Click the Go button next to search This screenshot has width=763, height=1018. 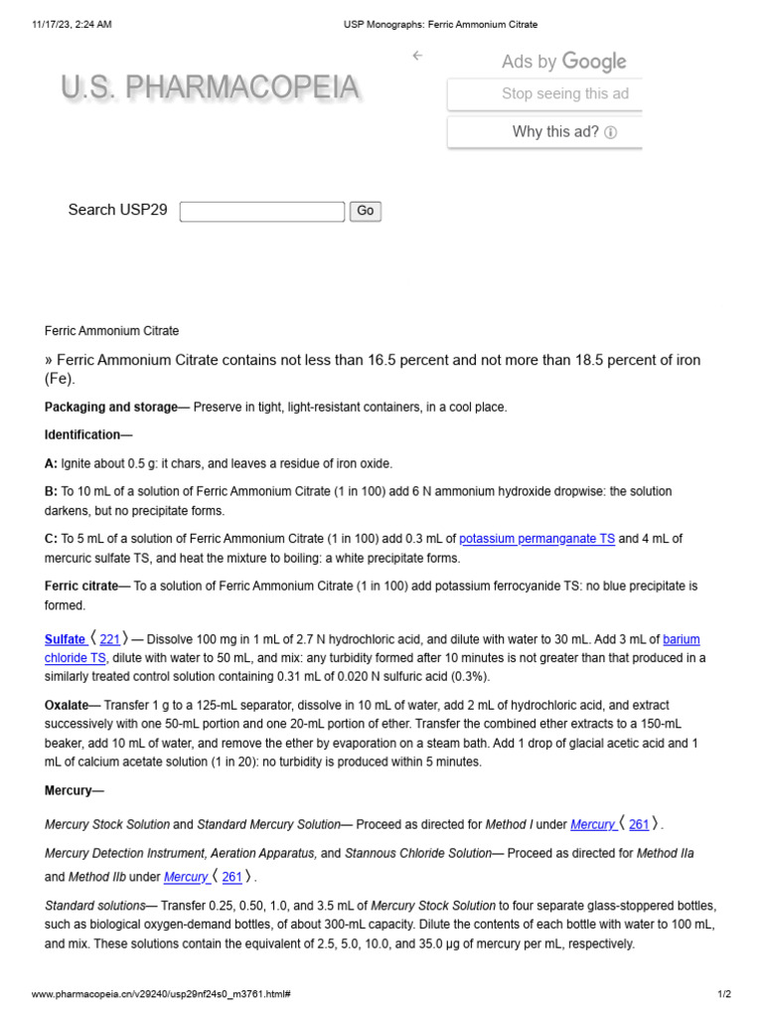click(366, 211)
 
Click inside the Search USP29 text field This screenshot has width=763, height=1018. click(262, 211)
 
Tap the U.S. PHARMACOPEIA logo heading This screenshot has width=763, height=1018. click(210, 89)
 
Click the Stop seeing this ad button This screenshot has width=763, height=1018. click(544, 94)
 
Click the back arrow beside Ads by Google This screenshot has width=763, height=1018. click(417, 56)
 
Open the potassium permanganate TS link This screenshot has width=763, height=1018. click(536, 539)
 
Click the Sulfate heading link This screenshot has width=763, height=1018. click(66, 639)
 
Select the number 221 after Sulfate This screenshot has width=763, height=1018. click(109, 639)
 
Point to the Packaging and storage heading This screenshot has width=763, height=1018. click(91, 407)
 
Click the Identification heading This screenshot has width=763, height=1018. click(88, 435)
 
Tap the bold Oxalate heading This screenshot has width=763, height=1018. click(67, 705)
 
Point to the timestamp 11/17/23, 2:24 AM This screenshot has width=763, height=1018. click(72, 24)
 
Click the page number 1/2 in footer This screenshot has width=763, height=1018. click(724, 994)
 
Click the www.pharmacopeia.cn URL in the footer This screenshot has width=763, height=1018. click(161, 994)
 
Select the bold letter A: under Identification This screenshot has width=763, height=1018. click(52, 463)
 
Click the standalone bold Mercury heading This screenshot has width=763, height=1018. click(68, 790)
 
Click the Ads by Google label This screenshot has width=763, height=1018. click(563, 62)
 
